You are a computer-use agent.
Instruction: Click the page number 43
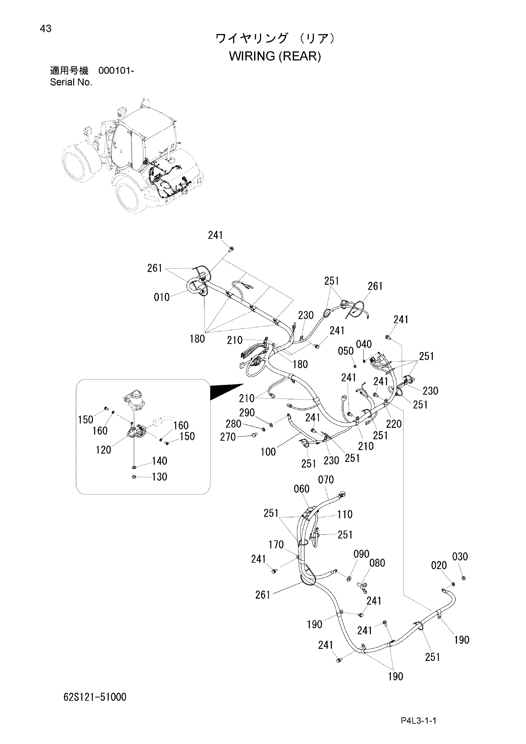point(45,29)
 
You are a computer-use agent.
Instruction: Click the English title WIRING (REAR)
point(275,56)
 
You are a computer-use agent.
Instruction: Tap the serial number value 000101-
point(116,71)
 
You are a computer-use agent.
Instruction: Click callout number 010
point(162,297)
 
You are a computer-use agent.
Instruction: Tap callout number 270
point(228,437)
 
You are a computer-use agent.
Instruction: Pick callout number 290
point(247,413)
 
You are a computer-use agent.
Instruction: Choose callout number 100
point(268,452)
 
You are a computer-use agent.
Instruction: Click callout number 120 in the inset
point(103,450)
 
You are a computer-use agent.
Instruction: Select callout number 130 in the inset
point(159,477)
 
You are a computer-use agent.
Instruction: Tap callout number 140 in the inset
point(159,461)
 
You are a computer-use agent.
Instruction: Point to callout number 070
point(326,480)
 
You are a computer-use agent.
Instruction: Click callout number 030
point(460,557)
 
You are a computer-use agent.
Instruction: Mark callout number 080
point(377,563)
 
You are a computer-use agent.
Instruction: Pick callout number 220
point(394,424)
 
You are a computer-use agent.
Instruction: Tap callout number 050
point(346,351)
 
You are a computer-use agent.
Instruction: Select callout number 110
point(345,514)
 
